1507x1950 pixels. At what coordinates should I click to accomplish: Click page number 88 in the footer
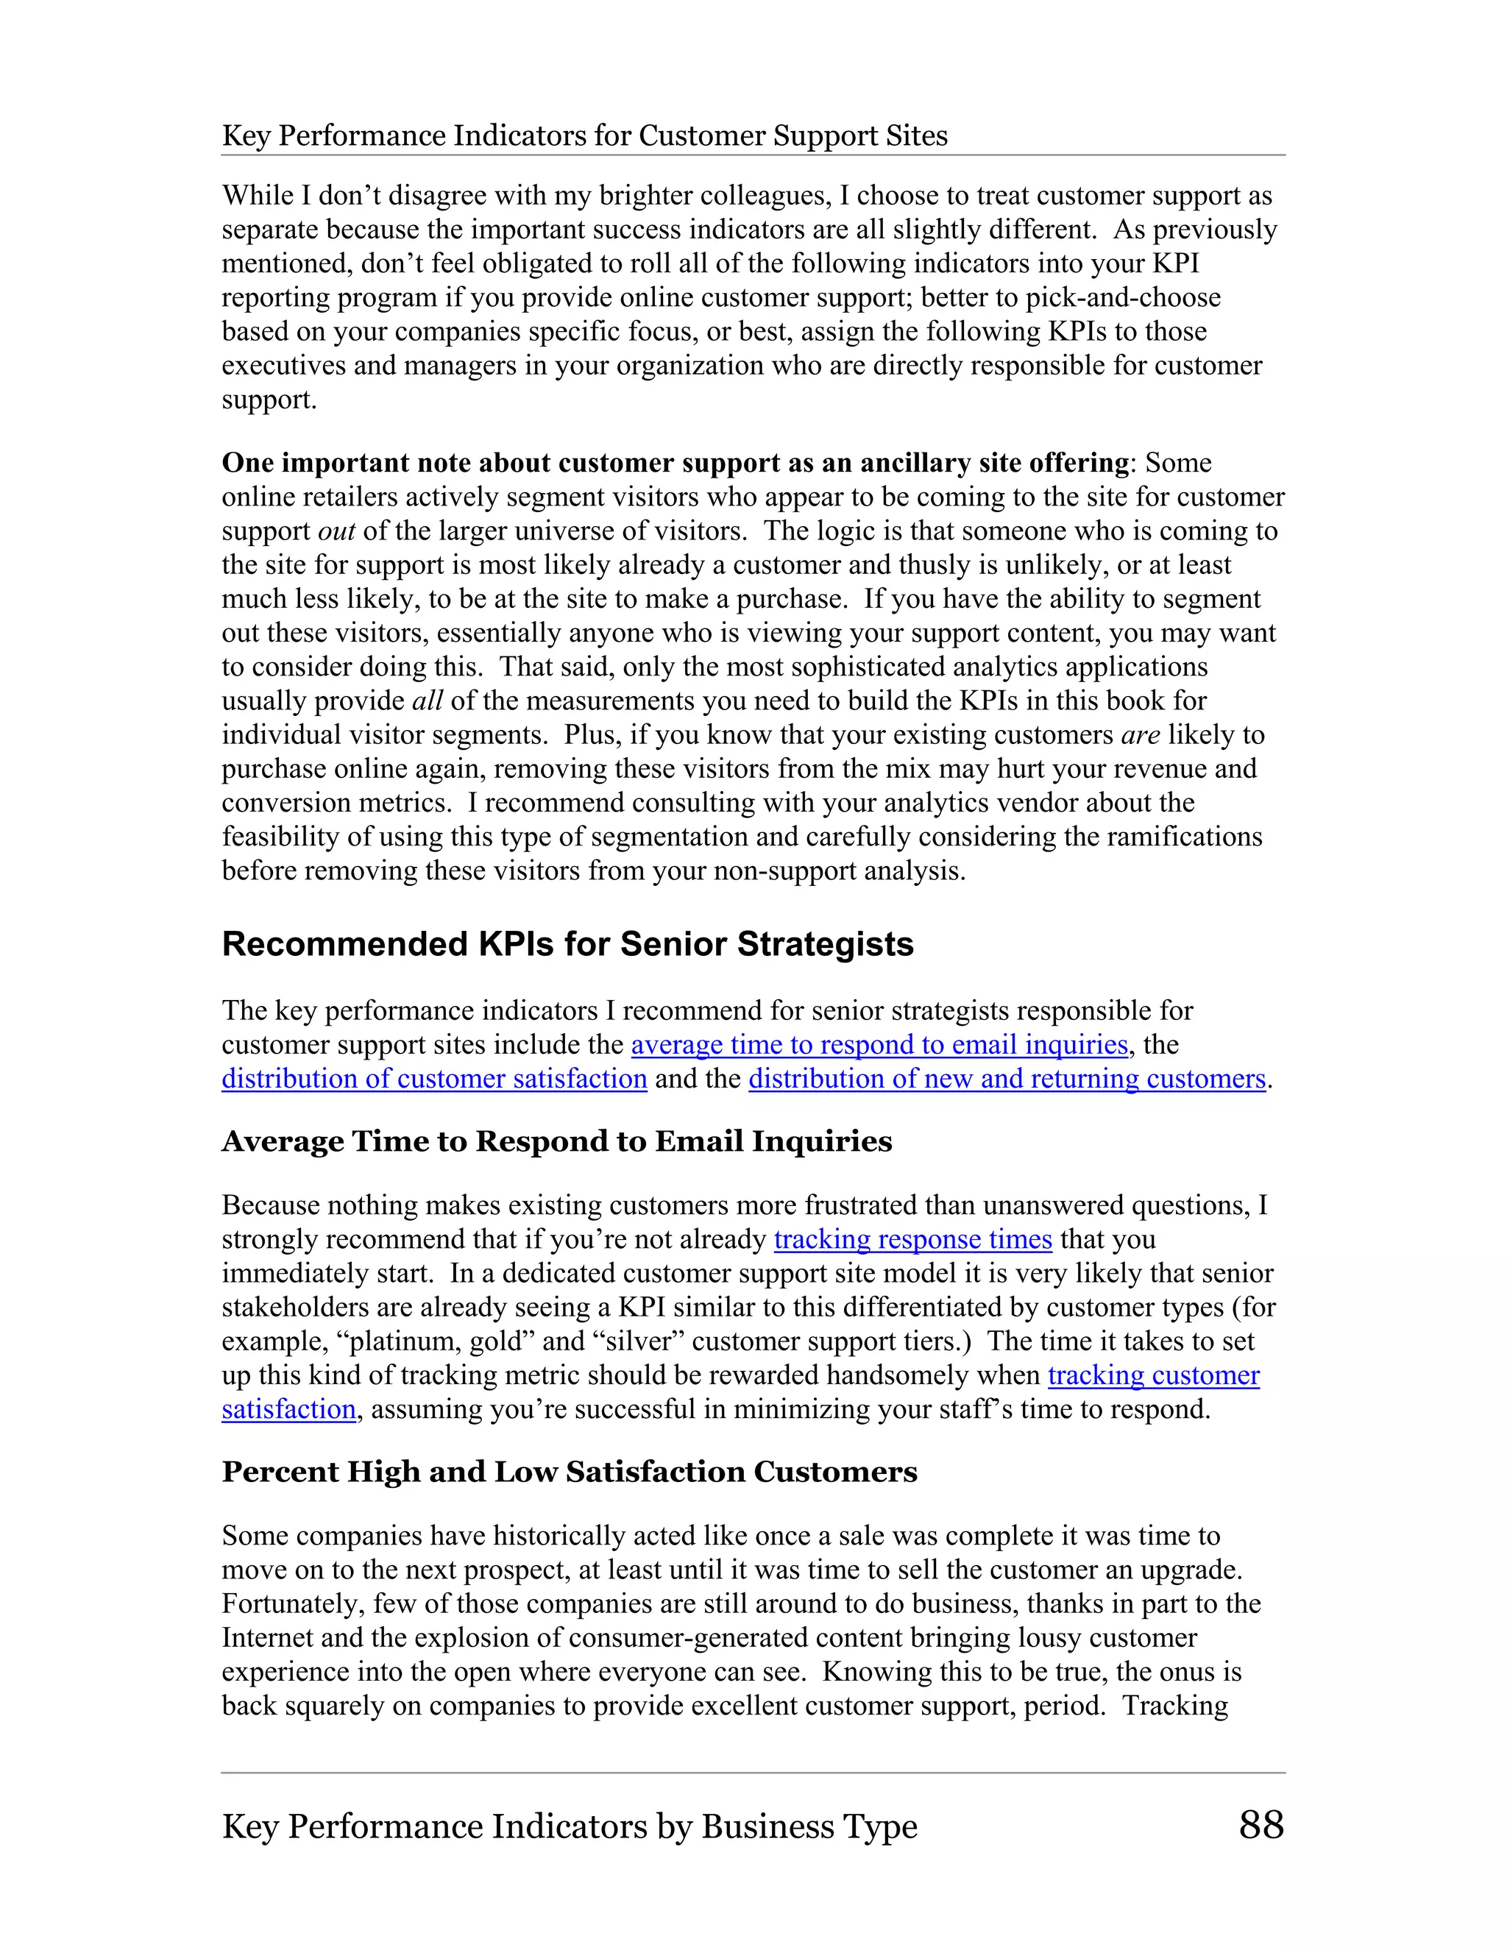[1260, 1825]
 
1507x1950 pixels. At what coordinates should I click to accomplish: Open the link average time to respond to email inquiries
[879, 1045]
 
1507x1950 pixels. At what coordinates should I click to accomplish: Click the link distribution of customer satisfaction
[434, 1079]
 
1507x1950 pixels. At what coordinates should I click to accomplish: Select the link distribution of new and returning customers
[1007, 1079]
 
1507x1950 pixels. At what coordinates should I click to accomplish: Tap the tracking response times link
[912, 1239]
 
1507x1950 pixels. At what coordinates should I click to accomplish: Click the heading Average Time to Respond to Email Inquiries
[556, 1141]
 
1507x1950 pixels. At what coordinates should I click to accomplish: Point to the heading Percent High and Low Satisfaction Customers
[569, 1472]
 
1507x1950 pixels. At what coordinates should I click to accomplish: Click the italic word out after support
[336, 531]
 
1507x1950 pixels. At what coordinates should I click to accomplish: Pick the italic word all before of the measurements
[427, 701]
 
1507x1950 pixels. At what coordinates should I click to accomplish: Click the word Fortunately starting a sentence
[293, 1603]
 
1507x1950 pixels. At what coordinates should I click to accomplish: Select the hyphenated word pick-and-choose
[1122, 297]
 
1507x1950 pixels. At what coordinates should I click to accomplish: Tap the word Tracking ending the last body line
[1175, 1706]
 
